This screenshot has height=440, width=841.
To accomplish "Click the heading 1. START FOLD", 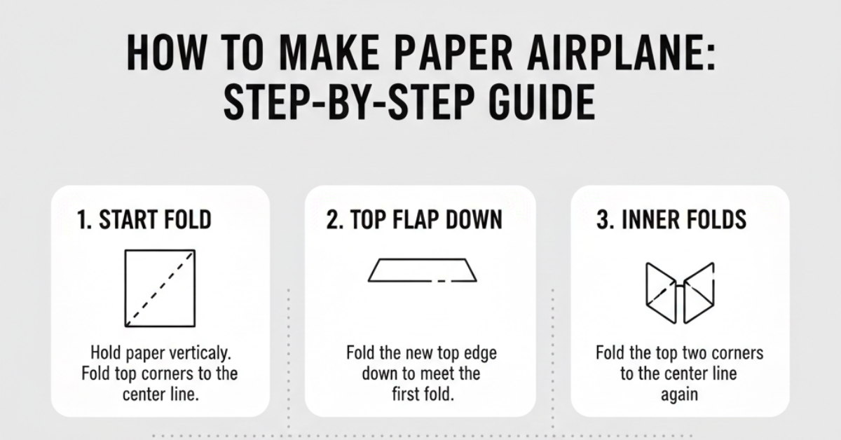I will [144, 220].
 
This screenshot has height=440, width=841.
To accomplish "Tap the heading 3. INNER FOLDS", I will [671, 220].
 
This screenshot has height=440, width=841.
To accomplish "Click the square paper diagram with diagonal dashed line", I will [160, 287].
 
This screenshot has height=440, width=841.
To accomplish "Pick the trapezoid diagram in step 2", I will [422, 270].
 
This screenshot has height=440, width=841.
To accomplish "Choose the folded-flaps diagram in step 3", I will [679, 292].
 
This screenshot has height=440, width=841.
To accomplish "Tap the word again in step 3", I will [679, 394].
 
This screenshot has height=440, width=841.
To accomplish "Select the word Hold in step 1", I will [106, 352].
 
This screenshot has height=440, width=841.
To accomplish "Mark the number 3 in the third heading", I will [601, 220].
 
